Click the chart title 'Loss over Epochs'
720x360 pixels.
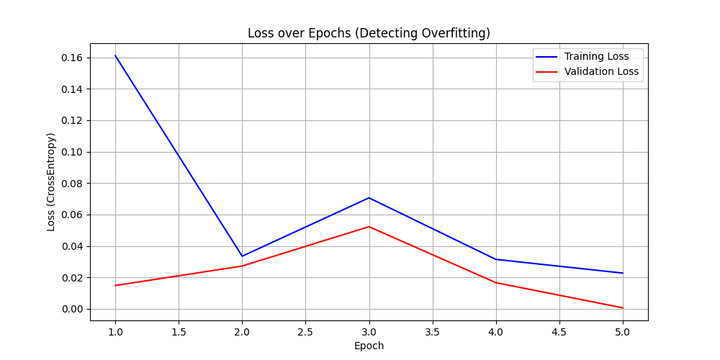pos(369,33)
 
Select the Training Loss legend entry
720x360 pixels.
pos(596,56)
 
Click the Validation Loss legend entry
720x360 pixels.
pos(601,71)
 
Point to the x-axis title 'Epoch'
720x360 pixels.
pos(369,346)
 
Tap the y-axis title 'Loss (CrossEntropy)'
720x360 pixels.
pos(51,181)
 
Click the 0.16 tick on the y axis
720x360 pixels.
pos(72,58)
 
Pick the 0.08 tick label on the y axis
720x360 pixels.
pos(72,184)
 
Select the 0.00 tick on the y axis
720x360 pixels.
pos(72,309)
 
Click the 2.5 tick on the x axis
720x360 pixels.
pos(305,332)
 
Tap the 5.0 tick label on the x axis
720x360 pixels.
pos(623,332)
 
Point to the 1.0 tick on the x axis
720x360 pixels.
pos(115,332)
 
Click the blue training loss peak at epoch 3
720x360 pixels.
pos(369,198)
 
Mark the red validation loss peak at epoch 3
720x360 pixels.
pos(369,227)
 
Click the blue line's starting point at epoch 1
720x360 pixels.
pos(115,55)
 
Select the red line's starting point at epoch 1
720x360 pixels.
pos(115,286)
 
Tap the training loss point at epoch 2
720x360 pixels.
pos(242,256)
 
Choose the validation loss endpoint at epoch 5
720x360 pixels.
pos(623,308)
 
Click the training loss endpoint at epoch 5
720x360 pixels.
pos(623,273)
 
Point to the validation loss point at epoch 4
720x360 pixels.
pos(496,282)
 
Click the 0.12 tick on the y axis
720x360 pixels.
pos(72,120)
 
